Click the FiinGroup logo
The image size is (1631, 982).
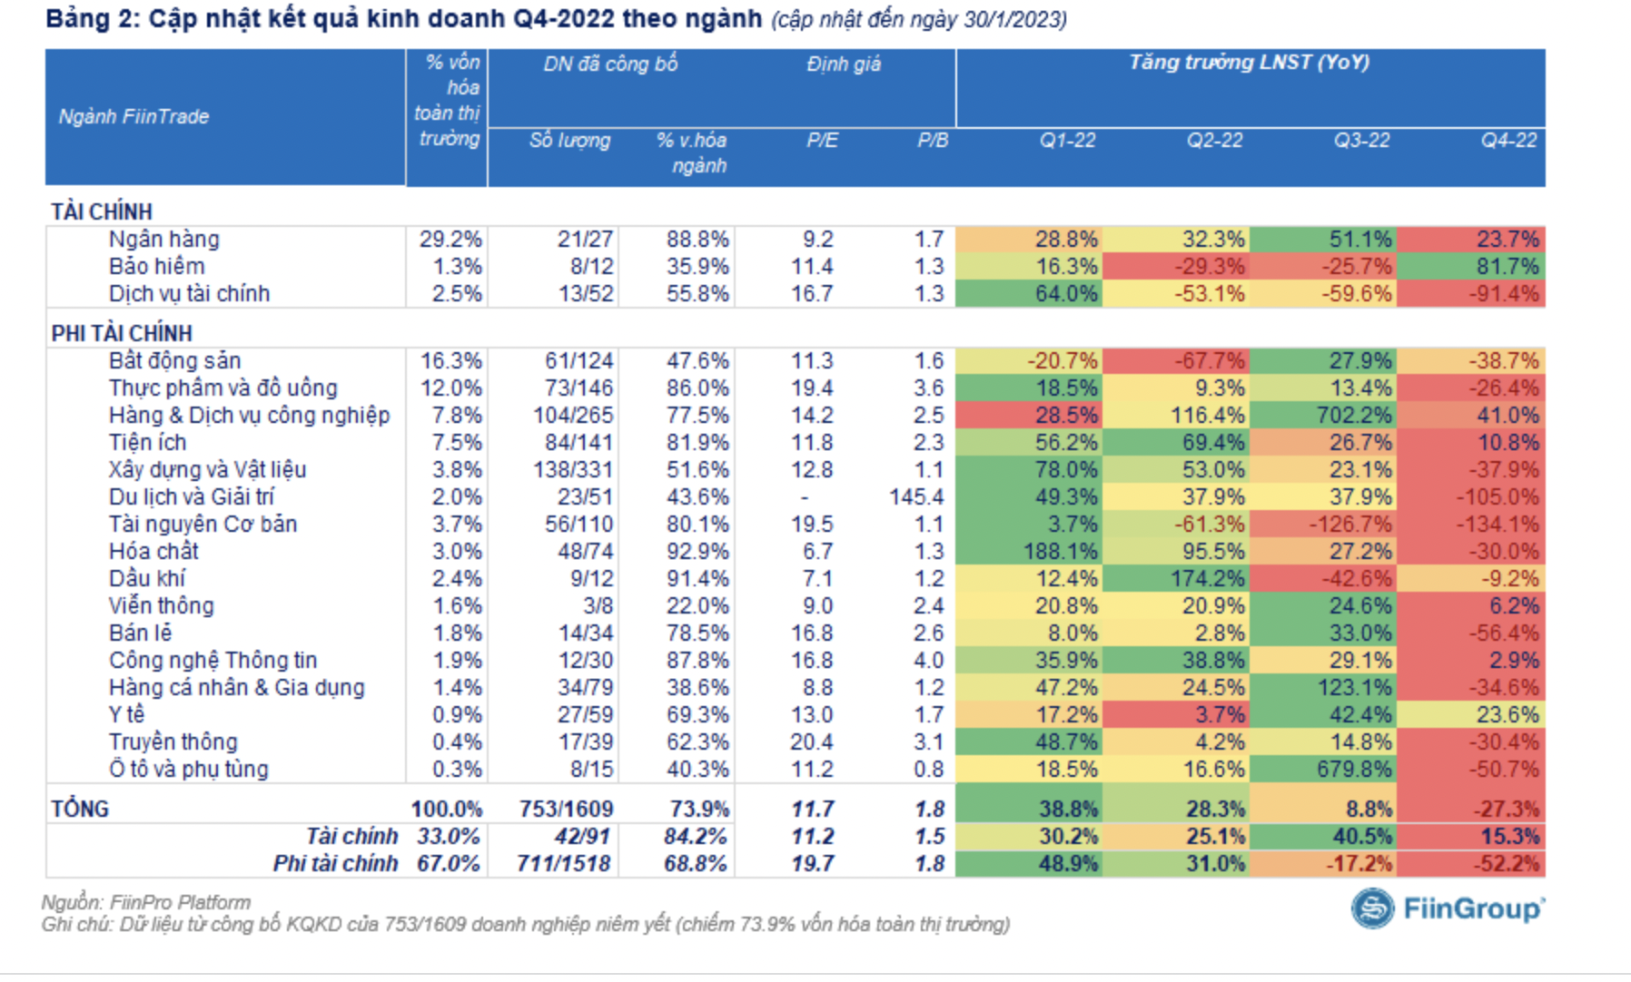click(x=1447, y=908)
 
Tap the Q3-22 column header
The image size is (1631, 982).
click(x=1361, y=141)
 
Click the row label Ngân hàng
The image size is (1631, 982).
click(x=164, y=240)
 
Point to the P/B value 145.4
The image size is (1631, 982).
click(x=917, y=497)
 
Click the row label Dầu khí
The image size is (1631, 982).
click(x=147, y=579)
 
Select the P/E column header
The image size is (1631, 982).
click(x=822, y=141)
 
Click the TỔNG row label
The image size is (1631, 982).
click(x=80, y=809)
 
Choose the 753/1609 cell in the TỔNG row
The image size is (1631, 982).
click(x=567, y=809)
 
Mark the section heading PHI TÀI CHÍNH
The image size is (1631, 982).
click(x=122, y=333)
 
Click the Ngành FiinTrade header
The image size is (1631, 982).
click(x=134, y=117)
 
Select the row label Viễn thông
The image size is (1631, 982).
click(x=162, y=606)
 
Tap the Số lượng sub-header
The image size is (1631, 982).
click(x=569, y=141)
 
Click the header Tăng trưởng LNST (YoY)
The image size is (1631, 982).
click(x=1249, y=63)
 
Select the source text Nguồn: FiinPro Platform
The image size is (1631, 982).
click(x=146, y=902)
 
